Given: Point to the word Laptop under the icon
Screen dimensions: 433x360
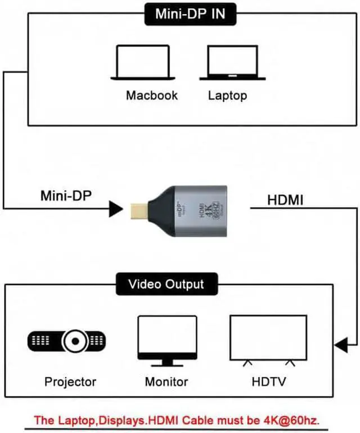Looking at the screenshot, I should pos(227,94).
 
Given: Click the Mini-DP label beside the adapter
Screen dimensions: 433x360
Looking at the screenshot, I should pos(65,196).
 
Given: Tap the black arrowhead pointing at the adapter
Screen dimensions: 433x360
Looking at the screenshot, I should pos(116,209).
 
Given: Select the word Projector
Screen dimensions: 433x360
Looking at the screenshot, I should pos(70,382).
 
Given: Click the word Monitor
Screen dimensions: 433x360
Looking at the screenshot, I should pos(166,382).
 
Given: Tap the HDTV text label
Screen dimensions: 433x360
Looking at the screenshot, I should pos(269,382).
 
